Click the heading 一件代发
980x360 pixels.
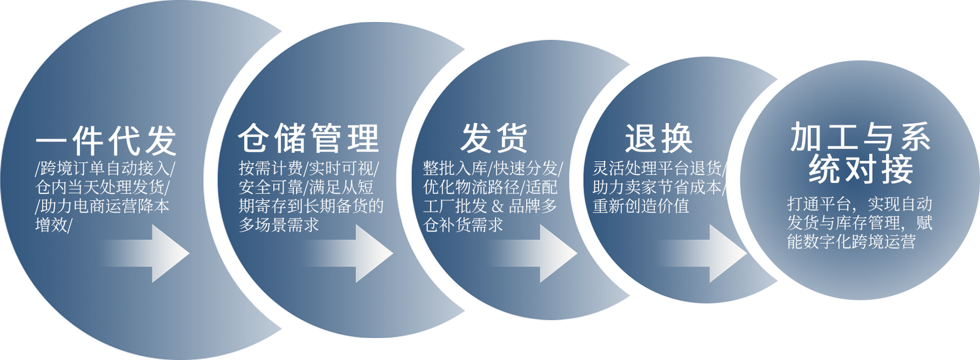(x=106, y=141)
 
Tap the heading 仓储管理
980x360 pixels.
(x=309, y=138)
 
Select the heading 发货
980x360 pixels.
(x=494, y=138)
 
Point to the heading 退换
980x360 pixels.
(x=658, y=138)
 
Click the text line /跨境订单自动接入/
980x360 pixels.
(x=105, y=168)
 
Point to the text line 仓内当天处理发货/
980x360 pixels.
(x=102, y=187)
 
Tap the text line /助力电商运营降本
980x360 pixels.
(x=102, y=206)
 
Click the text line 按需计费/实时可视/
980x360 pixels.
(x=309, y=168)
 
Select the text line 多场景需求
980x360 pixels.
(x=279, y=225)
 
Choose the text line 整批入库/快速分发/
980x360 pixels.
(x=492, y=168)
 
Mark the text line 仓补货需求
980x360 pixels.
(x=463, y=225)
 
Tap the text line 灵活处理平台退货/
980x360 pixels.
(x=659, y=168)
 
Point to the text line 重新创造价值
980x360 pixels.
(x=641, y=206)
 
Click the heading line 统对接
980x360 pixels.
(x=861, y=170)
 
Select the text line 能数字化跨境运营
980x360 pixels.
(x=851, y=242)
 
